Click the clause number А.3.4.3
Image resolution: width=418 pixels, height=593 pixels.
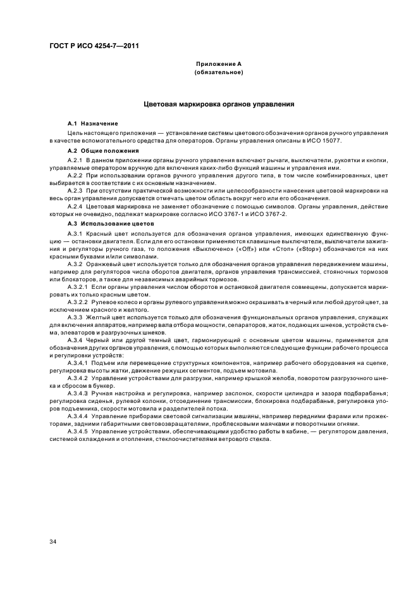pos(78,393)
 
